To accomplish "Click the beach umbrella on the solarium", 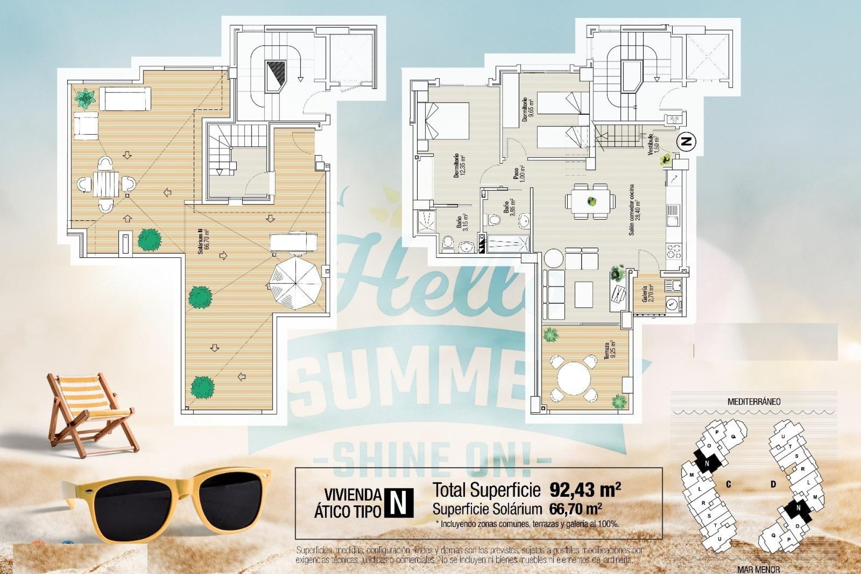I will tap(296, 283).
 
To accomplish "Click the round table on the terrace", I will tap(574, 378).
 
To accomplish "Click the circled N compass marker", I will tap(686, 142).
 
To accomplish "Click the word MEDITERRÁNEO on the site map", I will tap(753, 401).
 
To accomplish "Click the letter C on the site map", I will tap(729, 484).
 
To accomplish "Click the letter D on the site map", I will tap(773, 484).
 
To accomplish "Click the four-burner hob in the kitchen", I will tap(674, 251).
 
